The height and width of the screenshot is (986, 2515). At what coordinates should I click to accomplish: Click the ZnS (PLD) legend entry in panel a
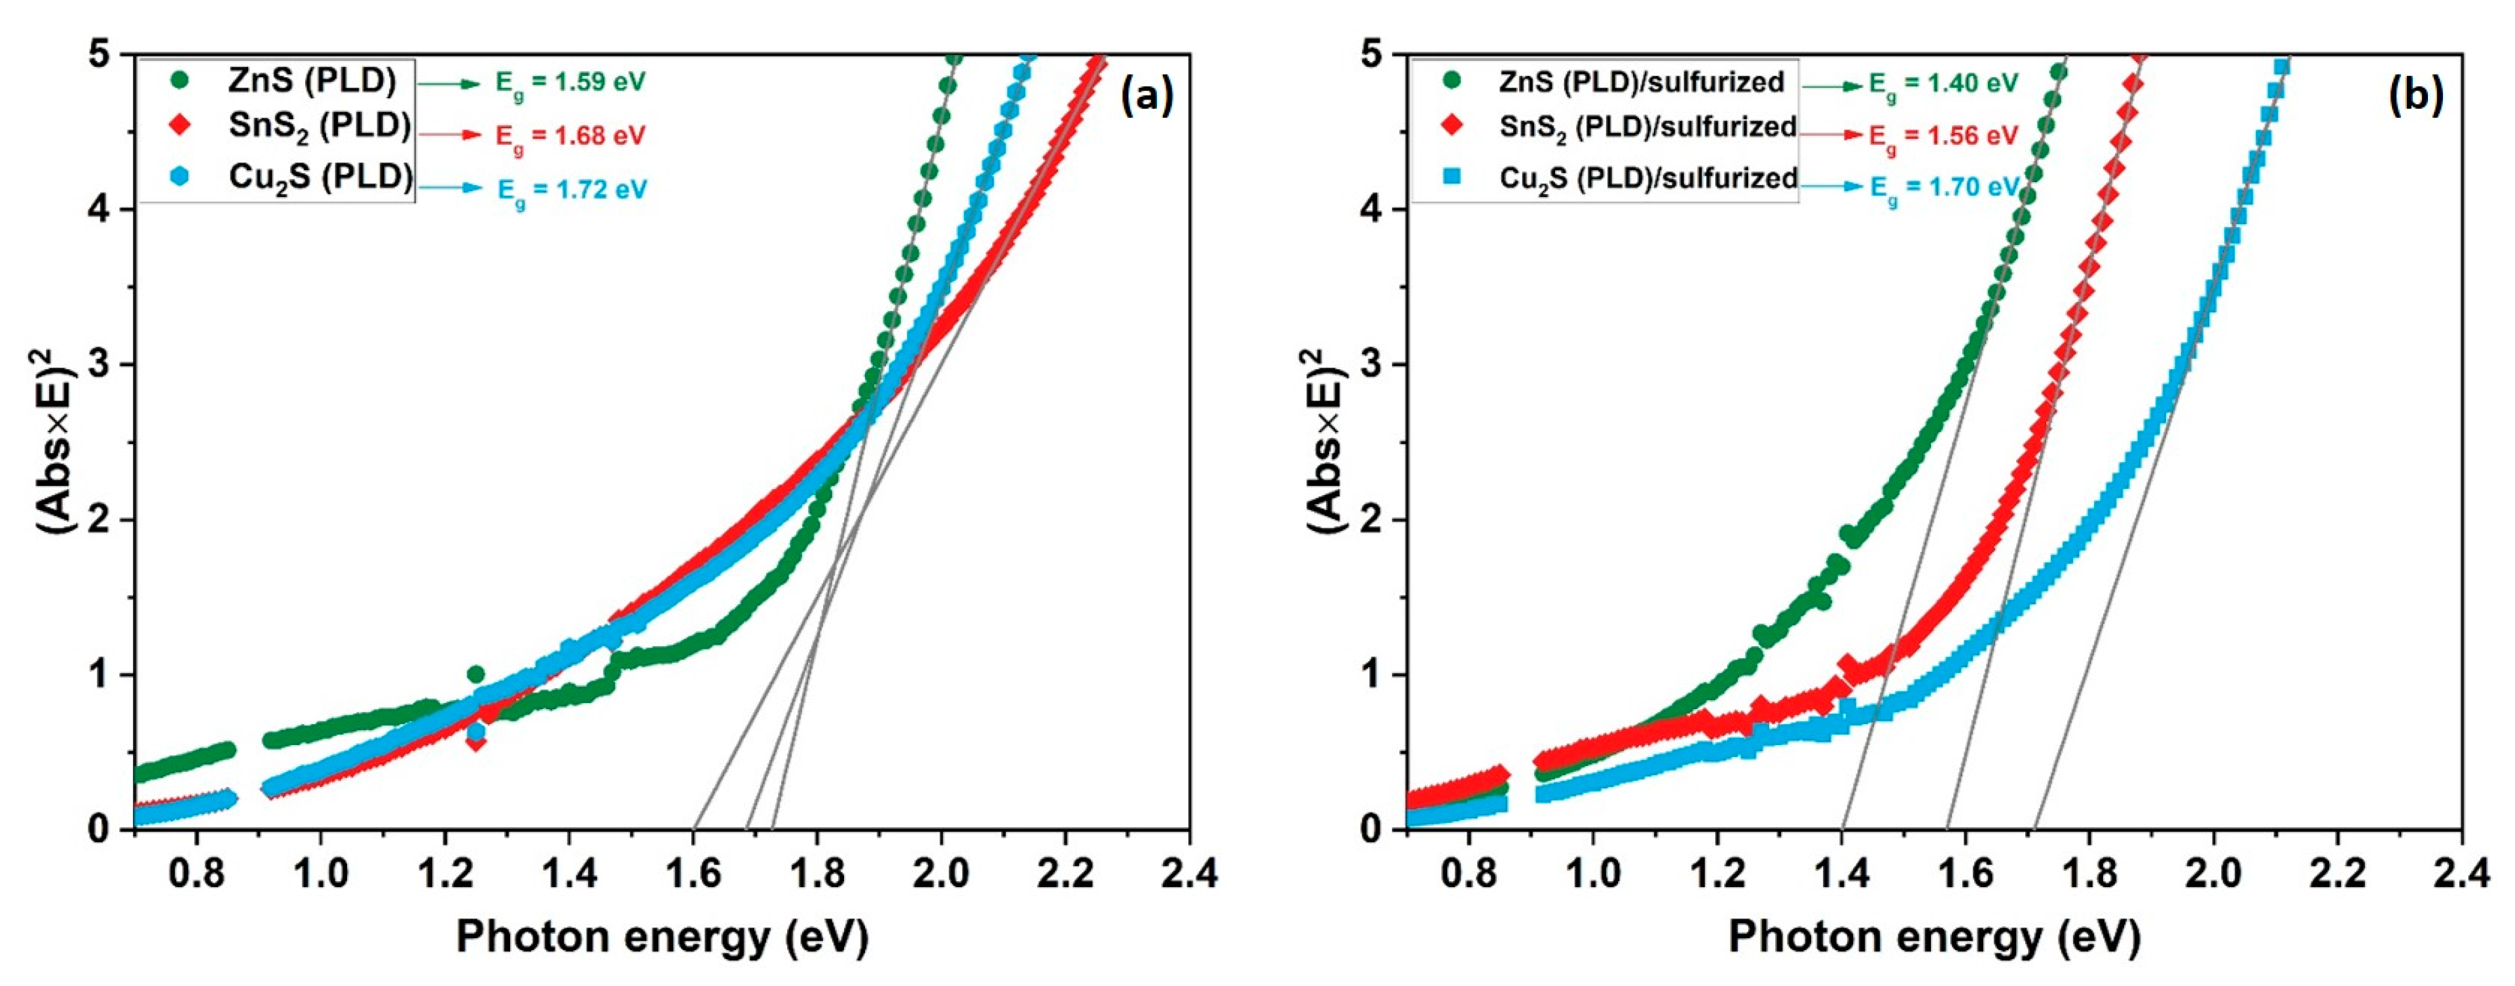312,81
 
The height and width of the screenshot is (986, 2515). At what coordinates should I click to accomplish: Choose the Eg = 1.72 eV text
572,189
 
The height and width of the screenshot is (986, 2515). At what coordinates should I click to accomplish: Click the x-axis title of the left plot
662,937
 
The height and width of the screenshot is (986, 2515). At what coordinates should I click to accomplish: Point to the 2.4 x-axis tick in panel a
1188,873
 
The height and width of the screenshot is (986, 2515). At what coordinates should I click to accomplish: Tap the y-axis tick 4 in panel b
1370,209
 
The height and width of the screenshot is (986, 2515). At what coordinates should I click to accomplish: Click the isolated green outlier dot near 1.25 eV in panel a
475,674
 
